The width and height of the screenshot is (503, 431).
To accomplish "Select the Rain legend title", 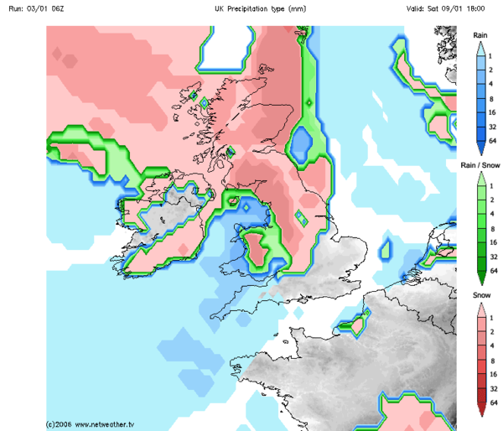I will point(480,35).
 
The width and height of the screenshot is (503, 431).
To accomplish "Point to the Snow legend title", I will point(480,296).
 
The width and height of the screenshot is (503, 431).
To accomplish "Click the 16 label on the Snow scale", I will point(494,373).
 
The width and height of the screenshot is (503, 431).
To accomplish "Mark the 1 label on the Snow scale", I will point(494,314).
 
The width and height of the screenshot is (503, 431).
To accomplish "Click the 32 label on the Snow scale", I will point(494,387).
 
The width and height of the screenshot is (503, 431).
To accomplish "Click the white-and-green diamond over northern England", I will point(300,217).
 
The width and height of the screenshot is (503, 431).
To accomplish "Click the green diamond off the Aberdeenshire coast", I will point(309,102).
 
